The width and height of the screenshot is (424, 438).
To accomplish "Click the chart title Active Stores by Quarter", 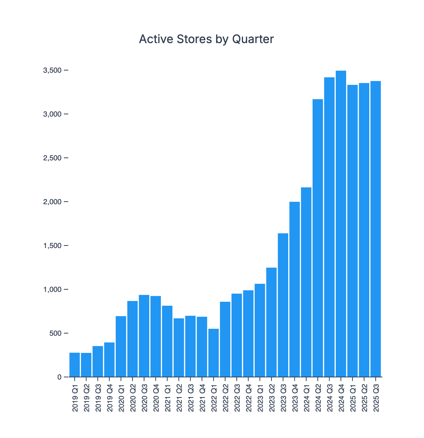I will point(206,39).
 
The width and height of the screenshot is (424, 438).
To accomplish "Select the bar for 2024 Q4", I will point(341,224).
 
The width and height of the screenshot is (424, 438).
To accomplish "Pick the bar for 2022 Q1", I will point(213,353).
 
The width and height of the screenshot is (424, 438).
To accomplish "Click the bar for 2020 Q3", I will point(144,336).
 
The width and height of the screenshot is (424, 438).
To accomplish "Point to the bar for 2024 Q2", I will point(318,238).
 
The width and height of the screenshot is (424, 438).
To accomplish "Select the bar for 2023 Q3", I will point(283,305).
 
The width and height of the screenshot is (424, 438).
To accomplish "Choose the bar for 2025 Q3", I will point(375,229).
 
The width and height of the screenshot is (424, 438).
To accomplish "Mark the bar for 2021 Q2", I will point(179,347).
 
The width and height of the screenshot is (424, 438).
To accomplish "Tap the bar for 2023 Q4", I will point(294,289).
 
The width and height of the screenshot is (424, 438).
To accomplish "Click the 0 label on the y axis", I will point(59,377).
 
